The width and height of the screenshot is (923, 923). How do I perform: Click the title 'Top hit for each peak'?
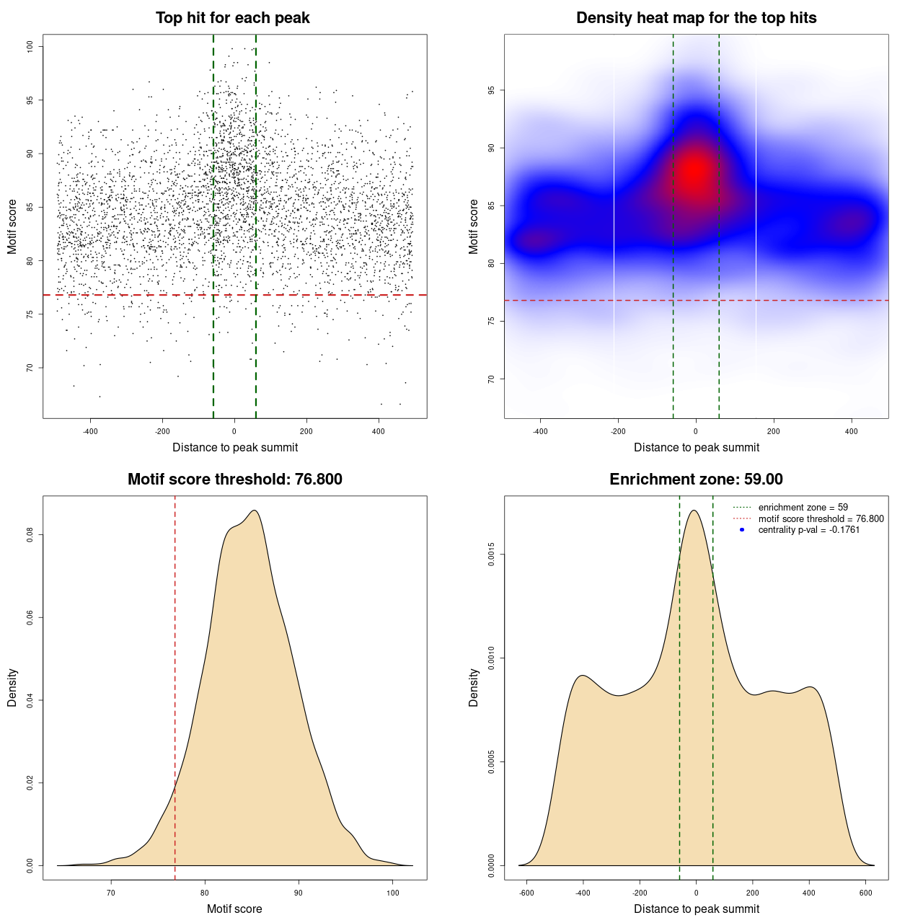[x=232, y=18]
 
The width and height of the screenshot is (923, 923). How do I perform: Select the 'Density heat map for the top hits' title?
[x=696, y=18]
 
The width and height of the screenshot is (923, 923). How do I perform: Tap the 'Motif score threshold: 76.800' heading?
[x=234, y=480]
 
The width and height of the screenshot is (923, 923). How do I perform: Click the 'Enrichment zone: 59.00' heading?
[x=696, y=480]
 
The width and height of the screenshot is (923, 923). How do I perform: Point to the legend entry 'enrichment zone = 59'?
[x=803, y=508]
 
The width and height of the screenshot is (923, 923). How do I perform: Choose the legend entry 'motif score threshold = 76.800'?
[x=821, y=518]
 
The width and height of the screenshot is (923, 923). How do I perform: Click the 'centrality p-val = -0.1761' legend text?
[x=808, y=530]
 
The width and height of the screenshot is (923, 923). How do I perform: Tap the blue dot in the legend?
[x=742, y=530]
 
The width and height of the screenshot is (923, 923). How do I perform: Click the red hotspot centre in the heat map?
[x=695, y=172]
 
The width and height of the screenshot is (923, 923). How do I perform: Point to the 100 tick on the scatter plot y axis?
[x=30, y=46]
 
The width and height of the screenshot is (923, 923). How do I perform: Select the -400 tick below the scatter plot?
[x=90, y=431]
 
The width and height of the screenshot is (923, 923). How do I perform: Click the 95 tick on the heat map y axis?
[x=491, y=90]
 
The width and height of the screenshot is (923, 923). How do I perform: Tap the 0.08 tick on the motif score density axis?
[x=30, y=535]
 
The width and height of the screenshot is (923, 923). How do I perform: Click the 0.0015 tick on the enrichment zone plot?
[x=491, y=555]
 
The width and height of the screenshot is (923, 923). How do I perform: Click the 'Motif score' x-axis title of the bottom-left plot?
[x=234, y=909]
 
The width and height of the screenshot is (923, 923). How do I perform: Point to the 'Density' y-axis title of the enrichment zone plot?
[x=474, y=687]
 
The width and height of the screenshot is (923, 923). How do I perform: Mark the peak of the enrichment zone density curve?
[x=694, y=511]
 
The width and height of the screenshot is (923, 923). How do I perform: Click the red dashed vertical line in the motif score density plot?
[x=175, y=685]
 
